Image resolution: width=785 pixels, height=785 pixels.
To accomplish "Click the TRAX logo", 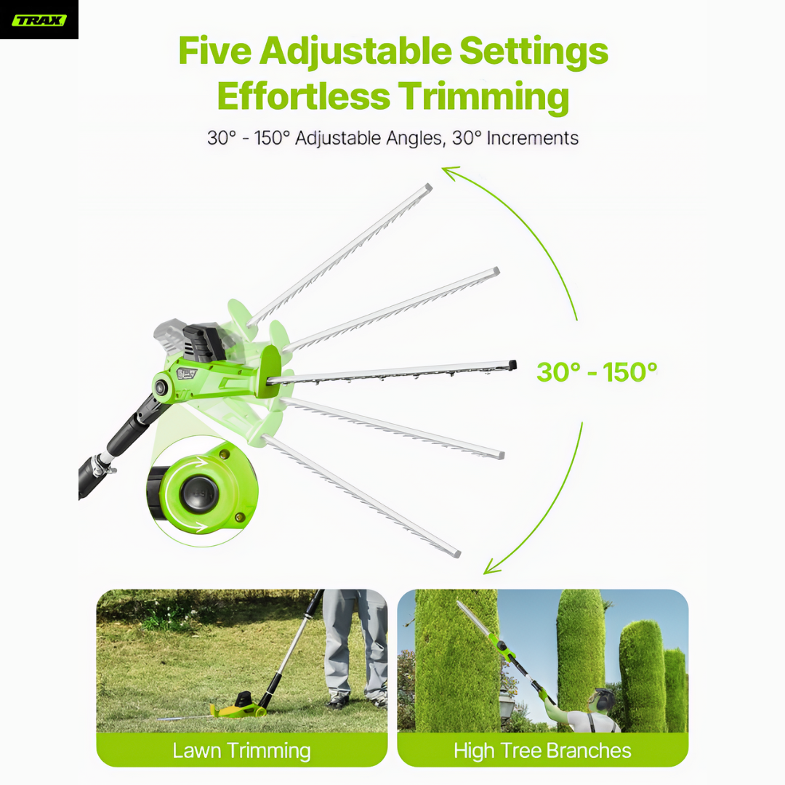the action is pyautogui.click(x=39, y=20).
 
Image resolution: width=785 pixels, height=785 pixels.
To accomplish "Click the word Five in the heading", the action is pyautogui.click(x=214, y=51).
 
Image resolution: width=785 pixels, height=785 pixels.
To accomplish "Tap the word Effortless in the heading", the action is pyautogui.click(x=303, y=96).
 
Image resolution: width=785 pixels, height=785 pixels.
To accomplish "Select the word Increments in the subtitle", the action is pyautogui.click(x=532, y=137).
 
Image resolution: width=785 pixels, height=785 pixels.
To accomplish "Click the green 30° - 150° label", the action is pyautogui.click(x=597, y=372).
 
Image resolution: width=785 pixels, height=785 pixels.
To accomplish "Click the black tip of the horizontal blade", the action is pyautogui.click(x=512, y=365).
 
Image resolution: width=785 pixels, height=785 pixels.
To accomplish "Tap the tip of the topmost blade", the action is pyautogui.click(x=429, y=188).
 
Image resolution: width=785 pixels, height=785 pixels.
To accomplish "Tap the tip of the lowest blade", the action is pyautogui.click(x=456, y=554).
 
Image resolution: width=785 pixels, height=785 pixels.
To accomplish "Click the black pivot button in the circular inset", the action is pyautogui.click(x=198, y=493).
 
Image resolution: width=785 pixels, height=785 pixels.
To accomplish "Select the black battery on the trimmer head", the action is pyautogui.click(x=204, y=342).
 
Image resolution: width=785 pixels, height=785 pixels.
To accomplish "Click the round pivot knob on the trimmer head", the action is pyautogui.click(x=161, y=387).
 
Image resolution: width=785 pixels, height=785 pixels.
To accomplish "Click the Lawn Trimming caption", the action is pyautogui.click(x=242, y=750).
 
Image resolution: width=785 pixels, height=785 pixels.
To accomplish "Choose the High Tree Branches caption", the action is pyautogui.click(x=542, y=750).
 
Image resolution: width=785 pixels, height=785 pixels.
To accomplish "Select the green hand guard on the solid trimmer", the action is pyautogui.click(x=270, y=371).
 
